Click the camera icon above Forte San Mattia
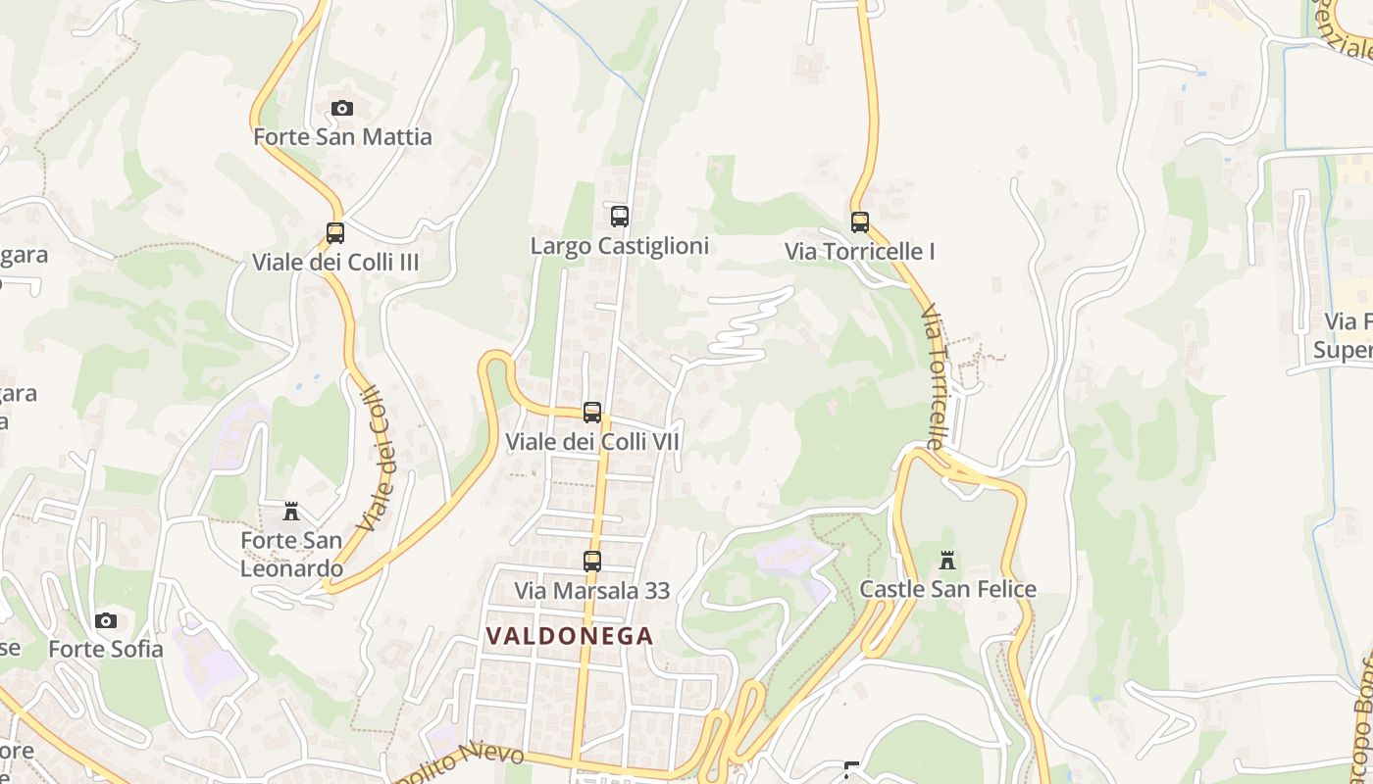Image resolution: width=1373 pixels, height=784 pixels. coord(341,108)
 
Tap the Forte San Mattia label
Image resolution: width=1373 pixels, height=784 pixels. coord(342,136)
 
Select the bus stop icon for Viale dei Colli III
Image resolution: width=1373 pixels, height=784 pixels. coord(335,233)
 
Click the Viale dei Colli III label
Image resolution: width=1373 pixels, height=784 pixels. coord(335,262)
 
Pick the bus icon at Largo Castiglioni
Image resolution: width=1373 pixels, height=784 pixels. coord(619,217)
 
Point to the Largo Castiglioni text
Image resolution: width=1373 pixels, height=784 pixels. coord(619,245)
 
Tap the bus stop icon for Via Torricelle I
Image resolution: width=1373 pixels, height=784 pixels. coord(860,222)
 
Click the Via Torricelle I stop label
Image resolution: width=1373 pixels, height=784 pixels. coord(859,252)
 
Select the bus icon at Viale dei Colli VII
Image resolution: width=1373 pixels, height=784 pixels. coord(592,413)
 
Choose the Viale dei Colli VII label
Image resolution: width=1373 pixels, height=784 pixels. coord(592,442)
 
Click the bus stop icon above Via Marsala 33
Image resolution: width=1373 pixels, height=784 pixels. coord(592,562)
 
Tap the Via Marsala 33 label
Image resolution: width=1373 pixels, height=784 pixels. coord(592,590)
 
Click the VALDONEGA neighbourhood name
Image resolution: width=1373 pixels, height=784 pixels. coord(570,636)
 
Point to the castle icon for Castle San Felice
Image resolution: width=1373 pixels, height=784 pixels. coord(947,561)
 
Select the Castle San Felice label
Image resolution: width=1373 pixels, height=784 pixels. coord(947,589)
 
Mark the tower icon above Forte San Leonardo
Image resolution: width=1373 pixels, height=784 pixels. coord(291,512)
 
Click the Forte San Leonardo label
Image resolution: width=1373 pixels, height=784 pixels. coord(292,554)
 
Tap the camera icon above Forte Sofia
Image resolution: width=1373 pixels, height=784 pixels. coord(106,620)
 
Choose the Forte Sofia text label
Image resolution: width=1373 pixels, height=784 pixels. coord(106,649)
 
